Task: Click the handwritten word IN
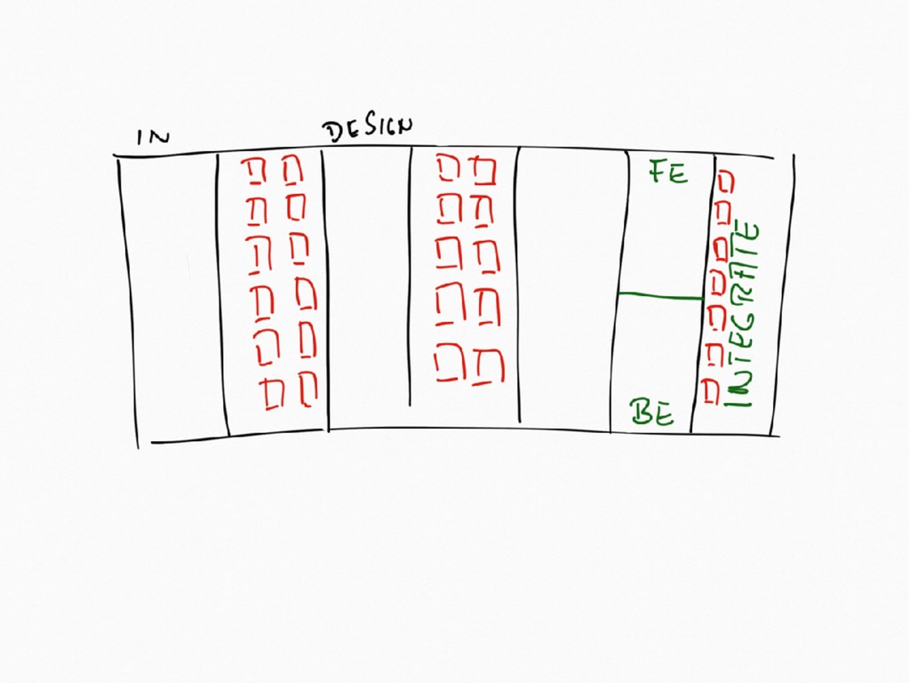point(152,137)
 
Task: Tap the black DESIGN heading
point(367,130)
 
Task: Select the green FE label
point(667,172)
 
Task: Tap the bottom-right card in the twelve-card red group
point(307,389)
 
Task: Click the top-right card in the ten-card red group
point(483,170)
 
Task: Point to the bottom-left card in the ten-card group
point(450,365)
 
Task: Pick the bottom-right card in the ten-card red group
point(487,366)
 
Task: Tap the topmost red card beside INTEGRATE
point(726,181)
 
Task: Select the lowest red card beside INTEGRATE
point(711,391)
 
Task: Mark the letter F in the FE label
point(659,172)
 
